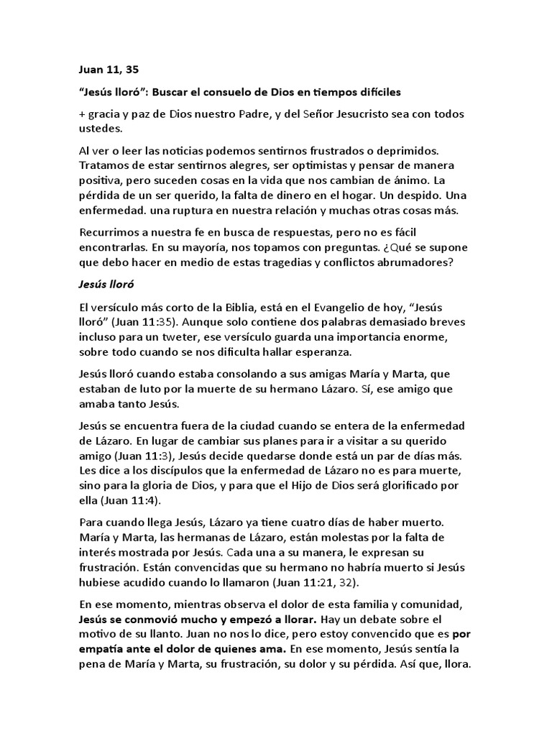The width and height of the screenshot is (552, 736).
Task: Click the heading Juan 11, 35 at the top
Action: point(108,70)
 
